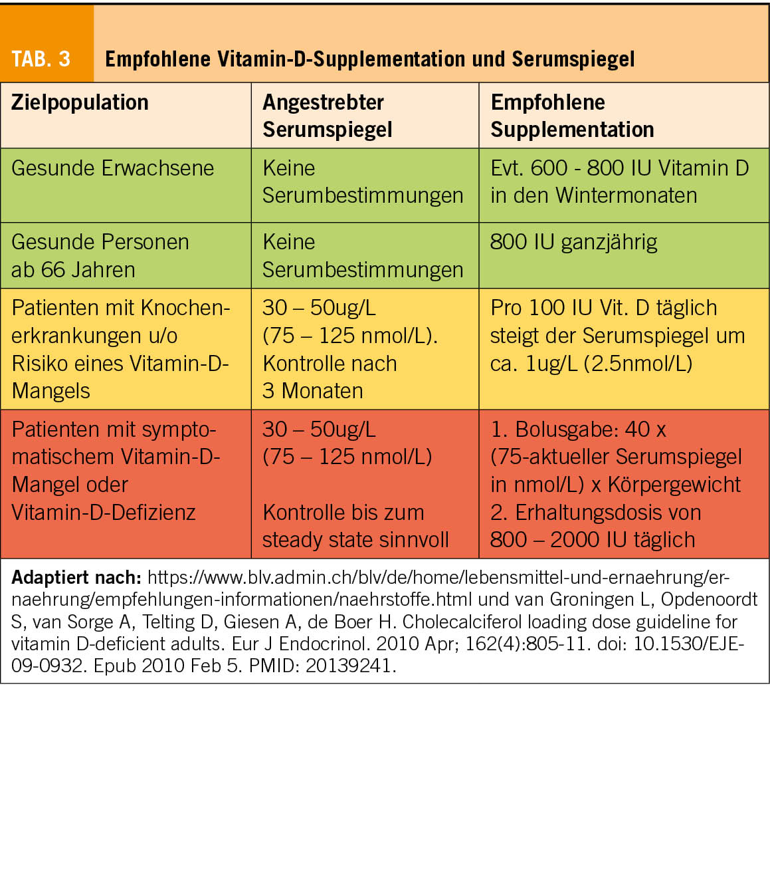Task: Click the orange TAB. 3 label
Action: [41, 59]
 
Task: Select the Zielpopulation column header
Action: [80, 103]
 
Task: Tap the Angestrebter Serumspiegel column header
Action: [327, 116]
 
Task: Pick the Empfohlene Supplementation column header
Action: [571, 116]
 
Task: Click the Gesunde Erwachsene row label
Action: [112, 168]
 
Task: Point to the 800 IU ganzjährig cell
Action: [573, 242]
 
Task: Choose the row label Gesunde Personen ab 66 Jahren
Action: [100, 255]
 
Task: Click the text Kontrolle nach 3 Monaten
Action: [330, 377]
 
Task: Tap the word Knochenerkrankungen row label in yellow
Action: [120, 322]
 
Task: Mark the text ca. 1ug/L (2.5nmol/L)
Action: [591, 364]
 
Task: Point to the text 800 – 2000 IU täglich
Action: [592, 540]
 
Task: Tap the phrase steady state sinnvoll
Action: [355, 540]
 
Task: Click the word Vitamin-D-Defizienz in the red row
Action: [104, 513]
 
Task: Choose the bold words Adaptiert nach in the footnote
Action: [76, 577]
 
